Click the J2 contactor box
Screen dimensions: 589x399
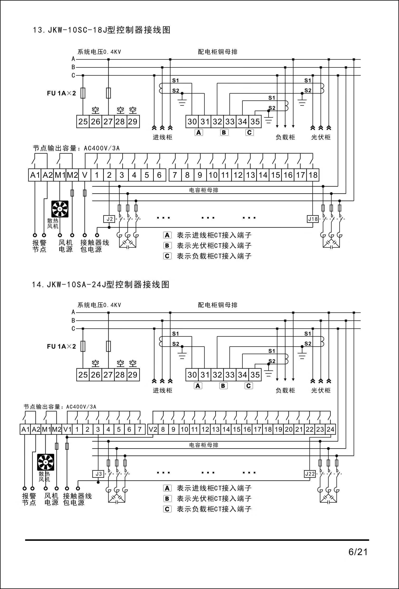pos(109,219)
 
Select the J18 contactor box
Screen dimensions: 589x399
pos(313,219)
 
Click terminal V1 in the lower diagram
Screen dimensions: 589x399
pos(67,429)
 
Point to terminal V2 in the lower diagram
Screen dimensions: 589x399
pos(153,429)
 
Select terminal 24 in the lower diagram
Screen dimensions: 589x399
pos(331,429)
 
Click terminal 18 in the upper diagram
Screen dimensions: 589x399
pos(313,175)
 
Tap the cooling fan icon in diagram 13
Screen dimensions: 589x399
pos(60,209)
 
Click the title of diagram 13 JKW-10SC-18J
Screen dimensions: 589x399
pos(101,30)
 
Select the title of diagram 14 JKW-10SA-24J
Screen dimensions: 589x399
pos(101,285)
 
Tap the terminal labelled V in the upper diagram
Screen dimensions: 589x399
pos(85,175)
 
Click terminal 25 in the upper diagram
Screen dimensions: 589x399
pos(83,122)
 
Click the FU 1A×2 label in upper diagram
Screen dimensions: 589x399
pos(61,93)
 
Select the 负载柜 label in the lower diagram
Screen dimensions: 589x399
pos(285,390)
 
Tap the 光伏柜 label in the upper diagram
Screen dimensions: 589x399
pos(321,137)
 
